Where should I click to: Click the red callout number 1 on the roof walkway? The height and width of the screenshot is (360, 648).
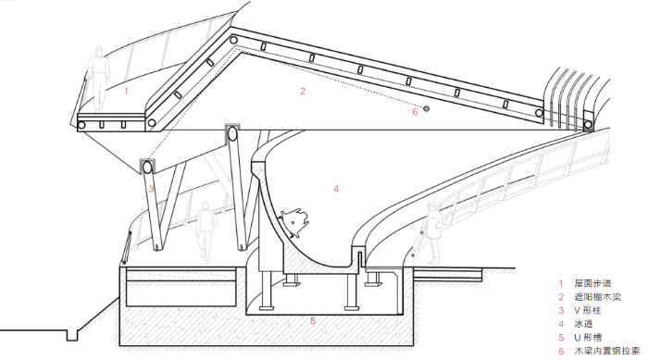pos(127,91)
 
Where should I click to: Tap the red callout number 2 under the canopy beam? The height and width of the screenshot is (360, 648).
pos(303,91)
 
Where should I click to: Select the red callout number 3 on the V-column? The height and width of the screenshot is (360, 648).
pos(151,190)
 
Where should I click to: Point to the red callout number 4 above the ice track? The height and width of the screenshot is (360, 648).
pos(336,189)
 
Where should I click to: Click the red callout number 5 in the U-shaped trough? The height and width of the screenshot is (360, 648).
pos(313,321)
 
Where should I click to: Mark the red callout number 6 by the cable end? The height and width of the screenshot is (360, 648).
pos(416,112)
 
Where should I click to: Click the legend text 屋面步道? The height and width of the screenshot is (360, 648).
pos(592,283)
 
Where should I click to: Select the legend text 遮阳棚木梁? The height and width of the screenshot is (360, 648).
pos(598,297)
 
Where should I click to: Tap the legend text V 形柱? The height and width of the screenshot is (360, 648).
pos(588,310)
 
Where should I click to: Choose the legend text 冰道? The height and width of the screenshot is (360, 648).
pos(583,324)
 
